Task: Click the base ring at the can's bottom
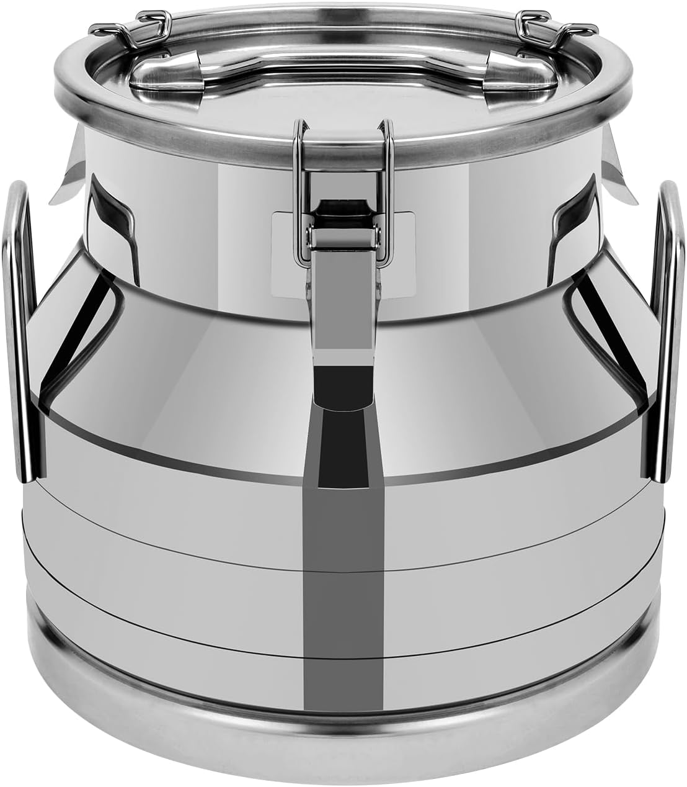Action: (343, 745)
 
